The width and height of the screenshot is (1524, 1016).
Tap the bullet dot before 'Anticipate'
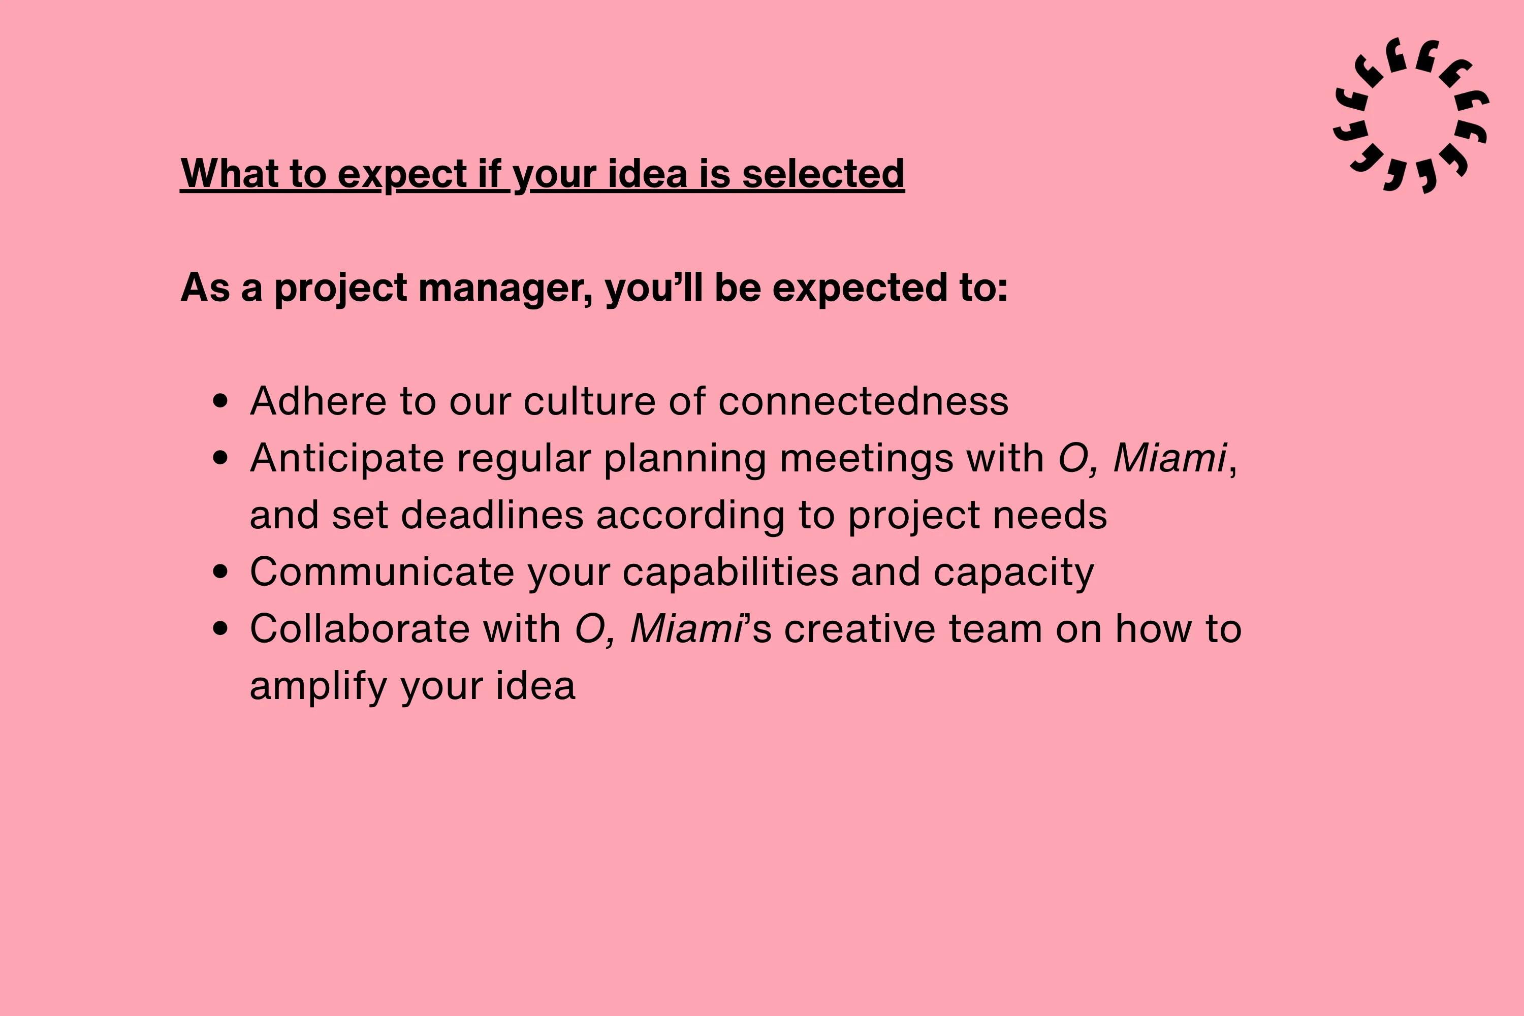click(220, 458)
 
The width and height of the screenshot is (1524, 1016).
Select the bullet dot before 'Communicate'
click(220, 571)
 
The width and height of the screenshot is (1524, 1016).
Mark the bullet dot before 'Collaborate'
click(220, 628)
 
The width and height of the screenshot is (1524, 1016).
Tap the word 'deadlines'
click(492, 515)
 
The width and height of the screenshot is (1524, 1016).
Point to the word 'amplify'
click(318, 687)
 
